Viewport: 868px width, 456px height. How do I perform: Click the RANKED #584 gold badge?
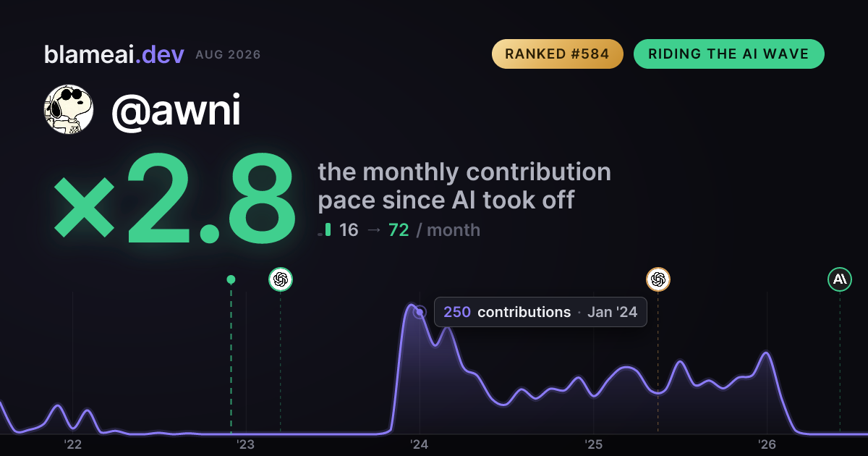point(557,54)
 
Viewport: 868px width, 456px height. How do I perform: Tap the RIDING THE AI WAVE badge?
point(728,54)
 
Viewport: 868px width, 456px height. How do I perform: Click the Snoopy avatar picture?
point(69,109)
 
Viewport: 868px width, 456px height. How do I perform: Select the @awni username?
point(176,110)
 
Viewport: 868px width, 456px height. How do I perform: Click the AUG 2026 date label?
point(228,55)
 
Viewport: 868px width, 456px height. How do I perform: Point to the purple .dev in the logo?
point(160,54)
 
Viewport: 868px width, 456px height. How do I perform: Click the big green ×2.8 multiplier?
point(174,198)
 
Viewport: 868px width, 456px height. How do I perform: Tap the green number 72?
point(399,230)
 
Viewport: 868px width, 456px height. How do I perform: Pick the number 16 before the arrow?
point(349,230)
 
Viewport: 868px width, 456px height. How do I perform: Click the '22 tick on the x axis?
point(72,444)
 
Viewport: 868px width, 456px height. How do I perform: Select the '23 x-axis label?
point(246,444)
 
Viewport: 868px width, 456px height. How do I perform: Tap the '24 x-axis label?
point(420,444)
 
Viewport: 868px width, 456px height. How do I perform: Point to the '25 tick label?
point(593,444)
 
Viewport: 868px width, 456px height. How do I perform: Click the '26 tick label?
point(767,444)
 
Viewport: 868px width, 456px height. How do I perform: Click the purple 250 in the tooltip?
point(457,312)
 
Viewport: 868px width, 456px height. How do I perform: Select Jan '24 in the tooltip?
point(612,312)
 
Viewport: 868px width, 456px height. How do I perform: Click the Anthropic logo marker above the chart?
point(840,279)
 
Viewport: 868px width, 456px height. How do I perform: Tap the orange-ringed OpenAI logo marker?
point(658,279)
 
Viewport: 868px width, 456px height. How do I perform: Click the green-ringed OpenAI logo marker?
point(281,279)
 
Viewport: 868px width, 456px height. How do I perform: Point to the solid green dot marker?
point(231,279)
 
